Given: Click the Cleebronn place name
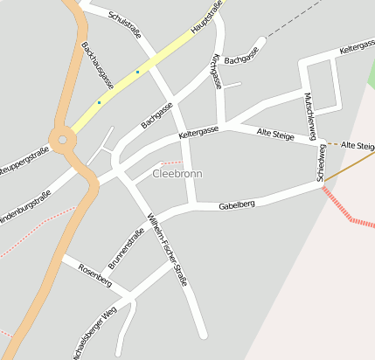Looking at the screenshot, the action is coord(177,174).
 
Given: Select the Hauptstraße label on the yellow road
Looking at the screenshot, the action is coord(207,19).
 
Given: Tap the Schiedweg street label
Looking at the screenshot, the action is coord(322,163).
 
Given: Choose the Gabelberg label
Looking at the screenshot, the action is coord(237,204).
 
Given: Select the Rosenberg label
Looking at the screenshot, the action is coord(94,274).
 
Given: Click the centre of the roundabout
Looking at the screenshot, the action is coord(62,139).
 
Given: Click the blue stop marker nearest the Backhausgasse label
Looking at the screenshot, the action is coord(99,103).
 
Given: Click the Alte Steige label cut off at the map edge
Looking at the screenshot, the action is coord(358,144).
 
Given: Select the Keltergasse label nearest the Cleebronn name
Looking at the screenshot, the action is coord(198,134).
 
